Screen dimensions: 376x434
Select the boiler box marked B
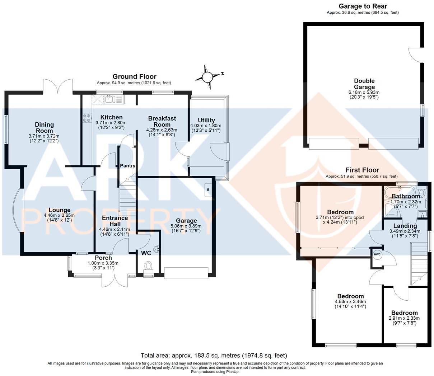click(208, 190)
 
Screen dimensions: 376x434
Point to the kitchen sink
click(110, 98)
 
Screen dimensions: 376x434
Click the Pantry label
click(127, 166)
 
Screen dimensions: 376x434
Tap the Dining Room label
click(44, 127)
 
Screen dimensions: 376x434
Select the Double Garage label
click(364, 84)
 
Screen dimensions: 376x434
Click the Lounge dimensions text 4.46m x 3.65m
click(59, 216)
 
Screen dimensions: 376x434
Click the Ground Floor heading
click(134, 76)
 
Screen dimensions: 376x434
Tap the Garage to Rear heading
click(363, 6)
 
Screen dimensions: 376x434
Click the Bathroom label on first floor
click(405, 196)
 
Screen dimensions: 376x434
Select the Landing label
click(405, 226)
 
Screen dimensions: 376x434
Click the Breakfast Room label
click(162, 121)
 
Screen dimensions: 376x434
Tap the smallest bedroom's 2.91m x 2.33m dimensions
click(404, 318)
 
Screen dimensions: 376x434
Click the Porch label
click(103, 258)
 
